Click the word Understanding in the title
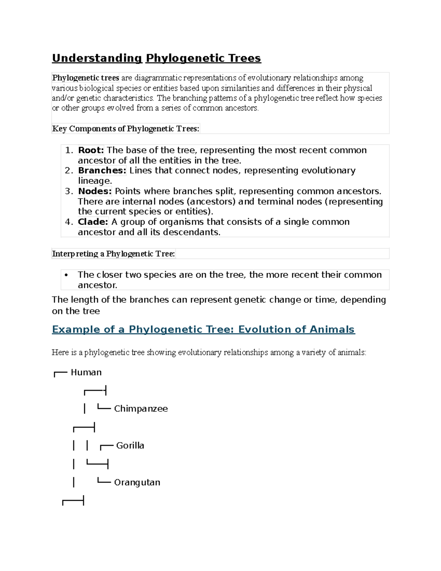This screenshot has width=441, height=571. pos(97,58)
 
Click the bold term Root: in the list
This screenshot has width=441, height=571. pos(91,150)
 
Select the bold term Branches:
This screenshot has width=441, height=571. pos(102,171)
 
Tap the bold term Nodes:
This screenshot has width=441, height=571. pos(95,191)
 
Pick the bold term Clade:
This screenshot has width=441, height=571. pos(93,222)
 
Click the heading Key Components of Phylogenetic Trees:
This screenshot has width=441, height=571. pos(126,129)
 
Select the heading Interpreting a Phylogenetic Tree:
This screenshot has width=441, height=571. pos(114,254)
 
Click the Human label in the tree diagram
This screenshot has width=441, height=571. pos(86,372)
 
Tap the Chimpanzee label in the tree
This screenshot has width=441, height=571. pos(141,409)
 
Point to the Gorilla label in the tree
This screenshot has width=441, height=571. pos(130,446)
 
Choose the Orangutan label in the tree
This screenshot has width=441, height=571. pos(137,482)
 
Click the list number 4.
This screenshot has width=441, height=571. pos(68,222)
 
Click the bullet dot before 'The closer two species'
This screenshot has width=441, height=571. pos(66,275)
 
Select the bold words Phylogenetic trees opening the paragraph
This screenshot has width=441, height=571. pos(86,78)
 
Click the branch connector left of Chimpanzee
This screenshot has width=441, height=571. pos(104,408)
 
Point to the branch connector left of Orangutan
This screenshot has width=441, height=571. pos(104,481)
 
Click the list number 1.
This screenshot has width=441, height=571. pos(68,150)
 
